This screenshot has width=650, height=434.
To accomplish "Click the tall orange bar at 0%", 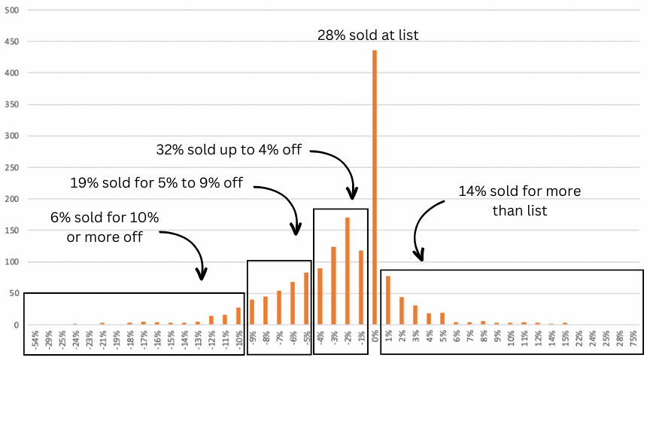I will [374, 188].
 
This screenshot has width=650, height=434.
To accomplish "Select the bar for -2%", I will [347, 271].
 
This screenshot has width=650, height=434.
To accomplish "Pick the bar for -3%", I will [333, 286].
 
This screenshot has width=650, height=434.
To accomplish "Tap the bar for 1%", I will [388, 301].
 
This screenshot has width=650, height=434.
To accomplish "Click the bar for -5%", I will [306, 298].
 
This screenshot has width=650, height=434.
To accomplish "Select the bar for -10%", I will [238, 316].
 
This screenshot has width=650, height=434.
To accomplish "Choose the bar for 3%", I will [415, 315].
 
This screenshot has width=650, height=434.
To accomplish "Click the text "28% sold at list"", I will [369, 35].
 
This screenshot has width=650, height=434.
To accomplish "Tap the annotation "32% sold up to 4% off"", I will [229, 150].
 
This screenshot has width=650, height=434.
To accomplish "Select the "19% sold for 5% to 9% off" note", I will [156, 182].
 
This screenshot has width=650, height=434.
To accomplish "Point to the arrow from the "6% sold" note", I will [188, 249].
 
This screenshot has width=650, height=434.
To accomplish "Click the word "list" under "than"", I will [535, 211].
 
